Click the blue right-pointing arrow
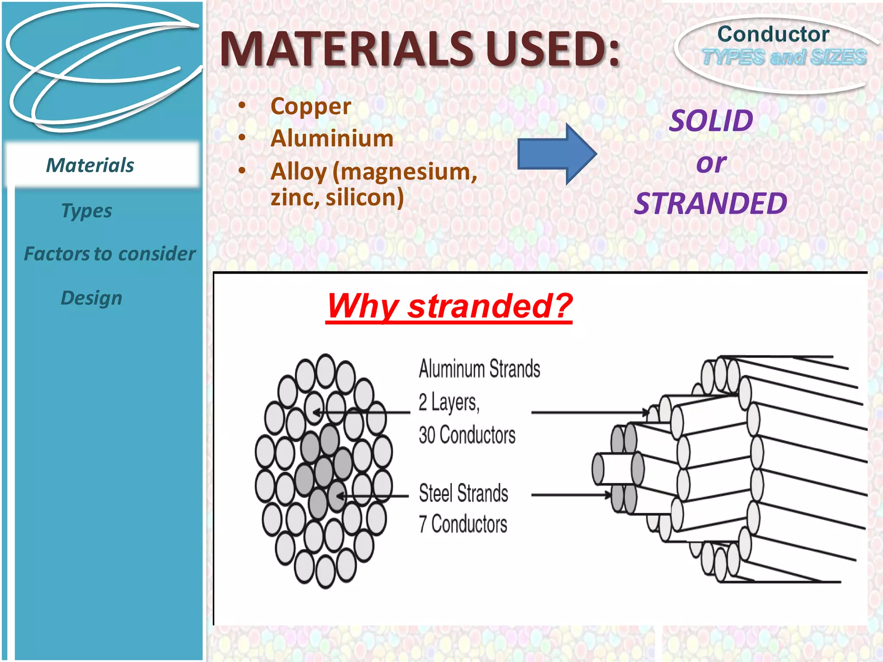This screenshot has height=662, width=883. (x=556, y=154)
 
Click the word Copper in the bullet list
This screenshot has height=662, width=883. (x=310, y=106)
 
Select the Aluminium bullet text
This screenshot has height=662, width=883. (x=332, y=139)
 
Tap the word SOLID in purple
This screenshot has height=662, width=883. (x=711, y=121)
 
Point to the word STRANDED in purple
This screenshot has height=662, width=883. (x=711, y=203)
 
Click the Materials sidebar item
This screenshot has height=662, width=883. (x=90, y=165)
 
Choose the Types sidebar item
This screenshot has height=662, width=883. (x=87, y=211)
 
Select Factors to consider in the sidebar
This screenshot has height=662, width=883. (x=110, y=254)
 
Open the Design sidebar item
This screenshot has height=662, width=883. (x=91, y=298)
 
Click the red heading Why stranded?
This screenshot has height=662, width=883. (x=449, y=306)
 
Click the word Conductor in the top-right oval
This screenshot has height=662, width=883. (x=773, y=34)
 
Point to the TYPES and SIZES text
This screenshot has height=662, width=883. (x=784, y=57)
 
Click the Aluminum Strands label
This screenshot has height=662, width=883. (x=479, y=369)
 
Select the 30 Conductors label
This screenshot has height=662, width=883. (x=467, y=435)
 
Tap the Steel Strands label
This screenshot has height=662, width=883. (x=463, y=493)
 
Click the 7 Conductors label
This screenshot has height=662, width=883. (x=463, y=525)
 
